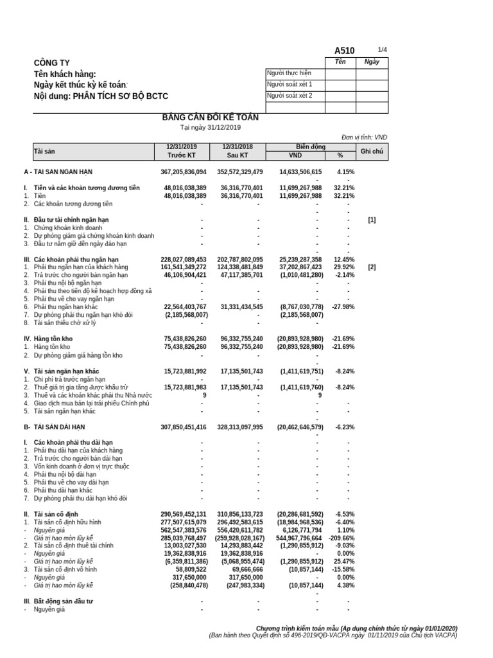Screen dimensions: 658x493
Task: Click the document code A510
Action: pyautogui.click(x=344, y=51)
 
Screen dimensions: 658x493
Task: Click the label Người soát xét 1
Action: pyautogui.click(x=290, y=84)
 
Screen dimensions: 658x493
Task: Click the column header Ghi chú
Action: pyautogui.click(x=372, y=151)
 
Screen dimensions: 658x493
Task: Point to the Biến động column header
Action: pyautogui.click(x=310, y=147)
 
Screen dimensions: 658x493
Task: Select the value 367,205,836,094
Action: pyautogui.click(x=184, y=172)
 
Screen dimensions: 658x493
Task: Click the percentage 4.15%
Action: pyautogui.click(x=345, y=172)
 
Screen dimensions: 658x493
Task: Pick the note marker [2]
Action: pyautogui.click(x=372, y=267)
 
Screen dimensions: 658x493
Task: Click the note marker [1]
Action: pyautogui.click(x=372, y=220)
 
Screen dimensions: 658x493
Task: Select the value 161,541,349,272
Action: pyautogui.click(x=184, y=267)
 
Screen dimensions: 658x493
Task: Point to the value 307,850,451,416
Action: pyautogui.click(x=184, y=427)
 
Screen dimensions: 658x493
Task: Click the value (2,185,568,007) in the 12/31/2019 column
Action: pyautogui.click(x=186, y=315)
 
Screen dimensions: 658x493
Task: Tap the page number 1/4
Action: pyautogui.click(x=383, y=49)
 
